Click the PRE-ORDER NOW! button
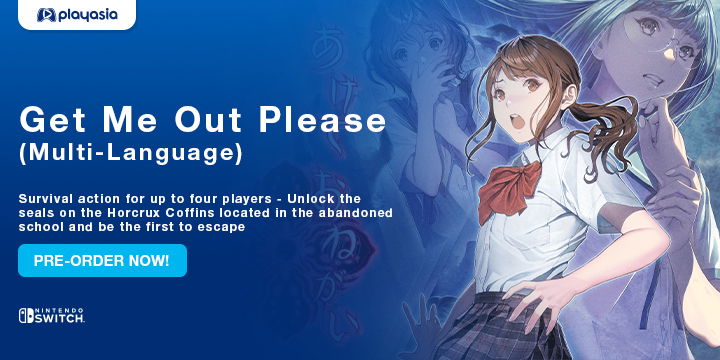102,260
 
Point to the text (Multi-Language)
130,155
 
